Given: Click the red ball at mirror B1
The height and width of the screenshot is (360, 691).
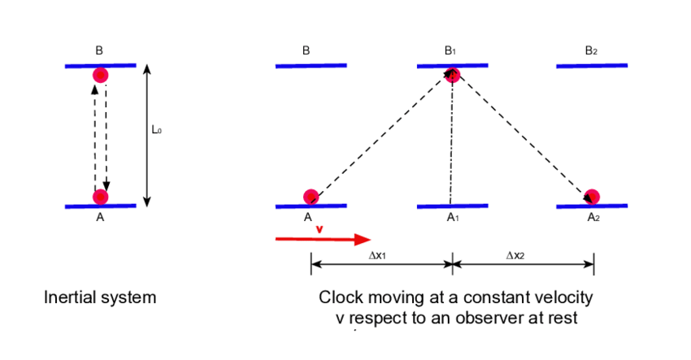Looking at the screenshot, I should click(453, 75).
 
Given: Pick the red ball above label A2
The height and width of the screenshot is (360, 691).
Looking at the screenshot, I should click(592, 197).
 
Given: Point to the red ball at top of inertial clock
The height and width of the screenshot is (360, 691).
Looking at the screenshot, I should click(100, 76).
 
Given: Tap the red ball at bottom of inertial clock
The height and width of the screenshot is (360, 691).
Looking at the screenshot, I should click(100, 197).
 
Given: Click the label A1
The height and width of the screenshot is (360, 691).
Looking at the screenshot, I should click(453, 218).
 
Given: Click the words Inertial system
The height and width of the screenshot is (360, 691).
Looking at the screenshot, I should click(99, 297).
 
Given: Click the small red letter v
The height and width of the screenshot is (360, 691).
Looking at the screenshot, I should click(319, 228).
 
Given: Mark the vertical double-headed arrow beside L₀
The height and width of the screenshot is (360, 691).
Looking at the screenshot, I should click(146, 134).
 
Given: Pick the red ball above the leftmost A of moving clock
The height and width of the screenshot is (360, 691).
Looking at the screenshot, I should click(311, 197).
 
